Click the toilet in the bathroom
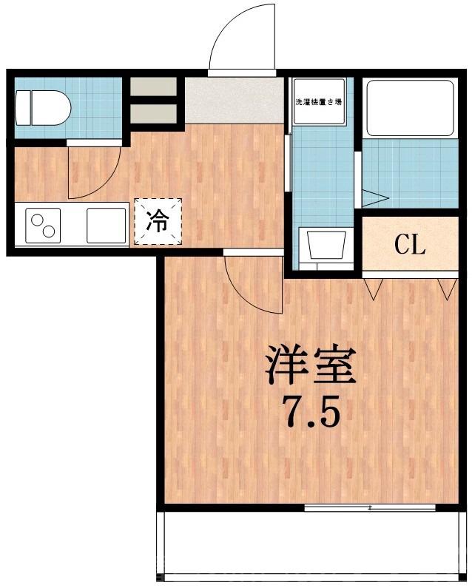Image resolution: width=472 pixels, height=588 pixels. click(43, 108)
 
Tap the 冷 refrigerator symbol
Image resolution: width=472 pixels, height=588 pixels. click(157, 220)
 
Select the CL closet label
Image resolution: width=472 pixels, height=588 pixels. click(409, 245)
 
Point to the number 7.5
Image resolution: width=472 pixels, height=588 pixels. click(311, 413)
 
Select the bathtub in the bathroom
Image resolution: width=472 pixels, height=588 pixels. click(409, 108)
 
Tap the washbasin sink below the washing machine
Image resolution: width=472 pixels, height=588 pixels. click(323, 246)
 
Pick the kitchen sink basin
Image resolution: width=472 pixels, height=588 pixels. click(107, 225)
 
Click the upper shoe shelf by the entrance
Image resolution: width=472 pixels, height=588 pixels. click(154, 86)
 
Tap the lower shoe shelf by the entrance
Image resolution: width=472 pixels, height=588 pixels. click(154, 113)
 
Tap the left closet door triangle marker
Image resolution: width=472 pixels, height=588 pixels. click(372, 289)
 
